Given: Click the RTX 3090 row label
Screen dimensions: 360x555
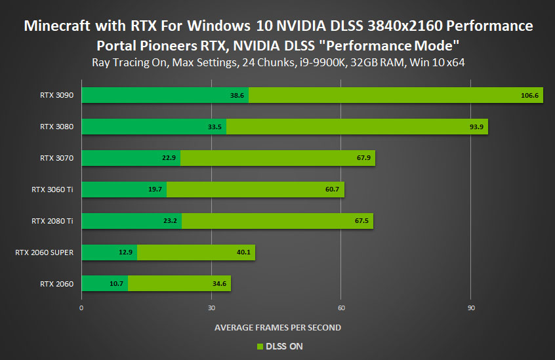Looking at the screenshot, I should click(x=56, y=95).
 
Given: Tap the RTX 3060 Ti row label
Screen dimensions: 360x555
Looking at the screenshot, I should click(x=52, y=190).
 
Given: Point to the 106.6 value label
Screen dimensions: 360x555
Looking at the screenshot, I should click(x=529, y=95).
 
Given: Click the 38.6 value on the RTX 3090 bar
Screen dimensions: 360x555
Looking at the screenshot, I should click(x=237, y=95).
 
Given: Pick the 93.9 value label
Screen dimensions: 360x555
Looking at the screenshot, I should click(x=476, y=127).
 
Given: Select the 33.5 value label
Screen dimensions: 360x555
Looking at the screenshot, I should click(x=215, y=127).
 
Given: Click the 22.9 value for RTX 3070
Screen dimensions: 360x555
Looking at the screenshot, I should click(x=169, y=158).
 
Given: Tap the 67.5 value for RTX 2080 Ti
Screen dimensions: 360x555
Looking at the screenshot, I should click(x=362, y=221).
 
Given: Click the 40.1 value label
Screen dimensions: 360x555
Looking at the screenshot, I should click(x=244, y=252).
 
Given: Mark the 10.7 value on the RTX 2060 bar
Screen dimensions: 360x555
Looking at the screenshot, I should click(x=116, y=284).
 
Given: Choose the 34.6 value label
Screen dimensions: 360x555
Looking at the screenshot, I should click(x=220, y=284).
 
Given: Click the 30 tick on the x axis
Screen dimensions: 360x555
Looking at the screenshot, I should click(x=211, y=308).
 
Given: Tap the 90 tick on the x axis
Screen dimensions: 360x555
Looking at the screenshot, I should click(x=471, y=308).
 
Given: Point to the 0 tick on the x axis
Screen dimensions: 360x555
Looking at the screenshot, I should click(x=81, y=308).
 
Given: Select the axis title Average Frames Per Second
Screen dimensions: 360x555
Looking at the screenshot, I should click(x=277, y=327).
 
